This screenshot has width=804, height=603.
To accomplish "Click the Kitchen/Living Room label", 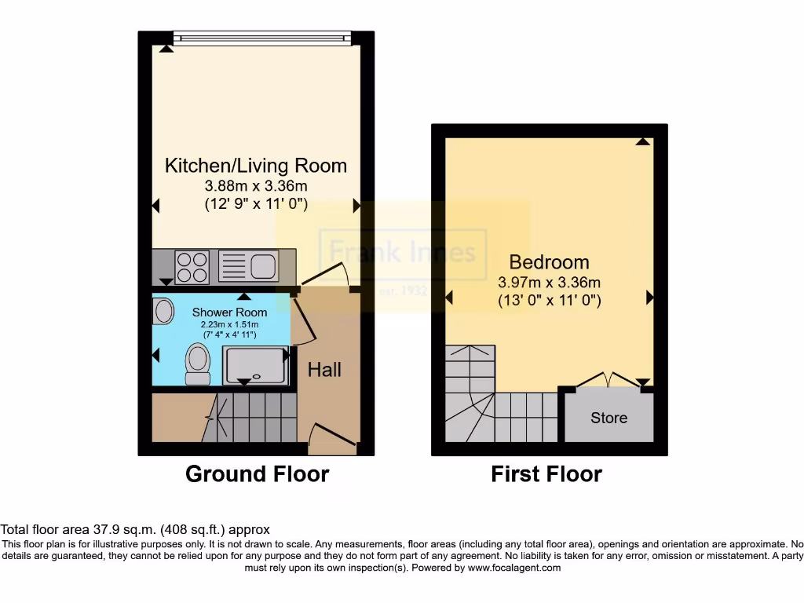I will pos(255,166).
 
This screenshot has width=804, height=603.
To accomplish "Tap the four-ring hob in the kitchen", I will pos(193,266).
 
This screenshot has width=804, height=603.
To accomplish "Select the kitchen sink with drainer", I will pos(247,266).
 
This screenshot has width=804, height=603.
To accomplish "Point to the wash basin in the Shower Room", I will pos(163,312).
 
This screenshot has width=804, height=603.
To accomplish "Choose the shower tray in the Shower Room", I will pos(254,366).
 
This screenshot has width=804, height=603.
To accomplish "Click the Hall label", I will pos(324,370).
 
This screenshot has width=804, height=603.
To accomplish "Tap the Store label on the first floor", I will pos(608,418).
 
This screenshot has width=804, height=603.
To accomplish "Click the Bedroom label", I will pos(549,262).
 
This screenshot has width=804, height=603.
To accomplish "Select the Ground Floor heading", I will pos(257,474).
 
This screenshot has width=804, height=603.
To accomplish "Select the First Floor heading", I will pos(546,474).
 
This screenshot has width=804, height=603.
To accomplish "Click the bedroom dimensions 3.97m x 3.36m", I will pos(549,282).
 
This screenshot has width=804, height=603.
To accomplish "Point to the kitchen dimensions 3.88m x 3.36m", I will pos(255,187).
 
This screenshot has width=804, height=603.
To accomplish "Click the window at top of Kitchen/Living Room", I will pos(262,36).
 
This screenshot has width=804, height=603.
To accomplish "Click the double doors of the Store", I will pos(609,378).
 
